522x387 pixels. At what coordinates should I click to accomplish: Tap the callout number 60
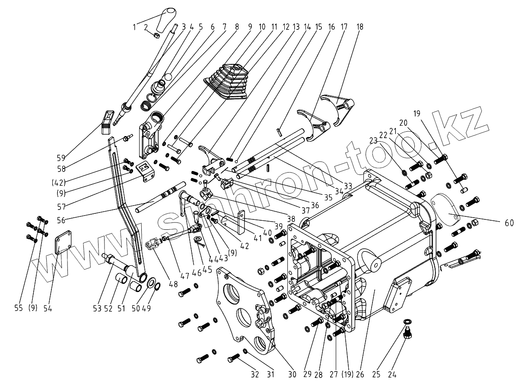(509, 223)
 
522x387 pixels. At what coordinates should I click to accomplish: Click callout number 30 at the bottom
(292, 374)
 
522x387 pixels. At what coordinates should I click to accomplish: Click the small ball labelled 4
(168, 76)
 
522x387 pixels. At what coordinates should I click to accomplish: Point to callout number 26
(360, 374)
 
